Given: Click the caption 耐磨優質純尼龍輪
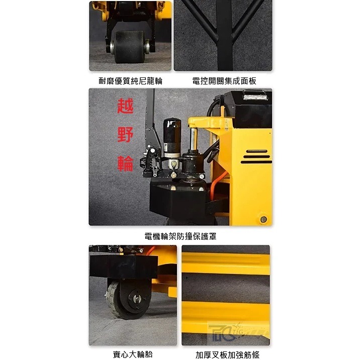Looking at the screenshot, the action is click(x=131, y=81).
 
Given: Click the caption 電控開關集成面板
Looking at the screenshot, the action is click(x=224, y=81).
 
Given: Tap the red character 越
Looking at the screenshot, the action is click(x=125, y=106).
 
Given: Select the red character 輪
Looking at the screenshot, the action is click(x=125, y=163).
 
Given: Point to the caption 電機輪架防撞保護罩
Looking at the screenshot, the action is click(x=180, y=236).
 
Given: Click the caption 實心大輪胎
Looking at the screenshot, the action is click(x=133, y=354).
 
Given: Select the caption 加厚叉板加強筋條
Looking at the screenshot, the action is click(x=227, y=354).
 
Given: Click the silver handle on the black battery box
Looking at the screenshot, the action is click(x=254, y=95).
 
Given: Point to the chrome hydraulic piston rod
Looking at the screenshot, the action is click(x=194, y=139).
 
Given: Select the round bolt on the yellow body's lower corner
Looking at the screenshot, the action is click(x=263, y=219).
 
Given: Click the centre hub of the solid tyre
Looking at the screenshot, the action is click(x=137, y=299).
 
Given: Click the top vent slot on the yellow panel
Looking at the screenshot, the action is click(x=257, y=151).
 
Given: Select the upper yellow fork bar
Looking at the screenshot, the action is click(x=226, y=263).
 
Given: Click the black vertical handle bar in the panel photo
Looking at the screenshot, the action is click(x=224, y=35).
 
